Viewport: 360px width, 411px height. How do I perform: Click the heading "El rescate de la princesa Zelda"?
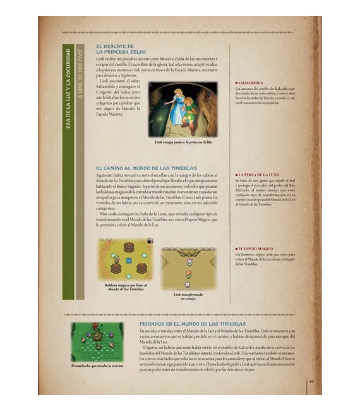[x=121, y=49]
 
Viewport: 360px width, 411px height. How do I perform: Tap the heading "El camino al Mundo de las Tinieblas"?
[x=146, y=168]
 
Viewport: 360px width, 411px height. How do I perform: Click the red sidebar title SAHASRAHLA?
[x=251, y=82]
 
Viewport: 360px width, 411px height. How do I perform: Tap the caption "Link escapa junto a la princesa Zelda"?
[x=183, y=142]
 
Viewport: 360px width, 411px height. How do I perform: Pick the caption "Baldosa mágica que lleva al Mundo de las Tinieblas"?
[x=124, y=288]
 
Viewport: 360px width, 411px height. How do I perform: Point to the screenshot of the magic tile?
[x=124, y=259]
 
